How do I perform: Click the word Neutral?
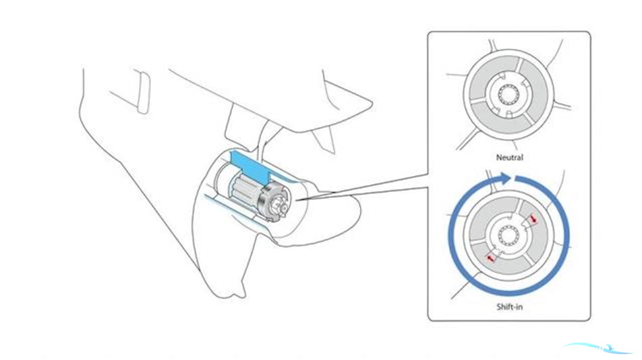[509, 157]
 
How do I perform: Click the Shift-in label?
[509, 307]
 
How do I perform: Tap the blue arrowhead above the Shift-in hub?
[505, 179]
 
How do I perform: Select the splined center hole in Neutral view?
[509, 95]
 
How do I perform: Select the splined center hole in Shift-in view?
[509, 235]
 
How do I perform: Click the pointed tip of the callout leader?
[296, 200]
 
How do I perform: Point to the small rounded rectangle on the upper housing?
[144, 93]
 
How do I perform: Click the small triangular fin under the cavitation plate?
[325, 140]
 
